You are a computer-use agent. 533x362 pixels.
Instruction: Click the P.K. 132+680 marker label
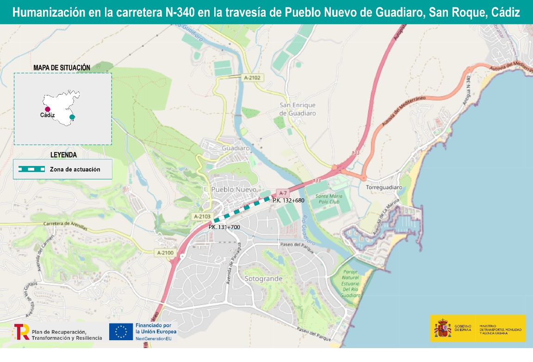point(288,200)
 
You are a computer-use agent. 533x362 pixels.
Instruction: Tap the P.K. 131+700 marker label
point(224,227)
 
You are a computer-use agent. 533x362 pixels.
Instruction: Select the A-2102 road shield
point(253,78)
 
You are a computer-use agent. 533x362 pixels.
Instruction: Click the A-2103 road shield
point(202,216)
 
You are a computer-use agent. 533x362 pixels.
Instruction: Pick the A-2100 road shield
point(165,253)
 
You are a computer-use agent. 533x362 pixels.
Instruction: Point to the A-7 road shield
point(282,192)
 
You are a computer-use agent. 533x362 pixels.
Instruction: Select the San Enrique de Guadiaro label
point(297,109)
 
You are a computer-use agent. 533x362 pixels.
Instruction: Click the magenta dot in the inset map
point(47,109)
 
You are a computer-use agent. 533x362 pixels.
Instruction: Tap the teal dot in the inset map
point(72,117)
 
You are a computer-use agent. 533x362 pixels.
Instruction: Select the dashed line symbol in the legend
point(31,170)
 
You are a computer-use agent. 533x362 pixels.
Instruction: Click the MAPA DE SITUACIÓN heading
point(62,68)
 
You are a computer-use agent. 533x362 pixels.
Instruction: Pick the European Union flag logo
point(121,331)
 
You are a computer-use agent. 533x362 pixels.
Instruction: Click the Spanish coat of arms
point(442,329)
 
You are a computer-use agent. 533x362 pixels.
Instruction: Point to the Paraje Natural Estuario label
point(350,283)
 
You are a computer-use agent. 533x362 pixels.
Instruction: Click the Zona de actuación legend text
point(75,170)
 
